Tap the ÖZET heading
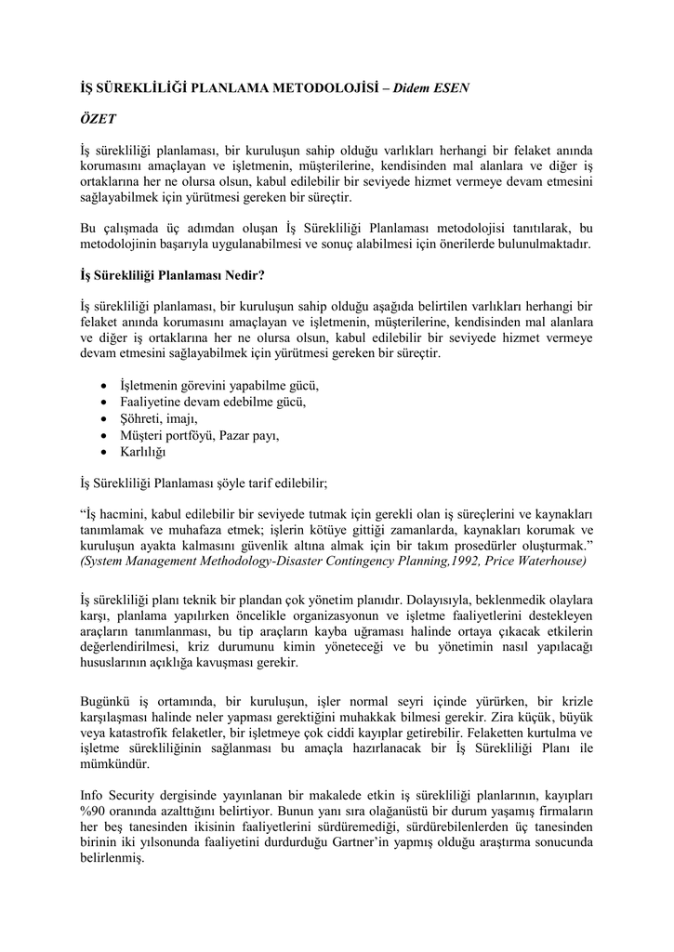(98, 120)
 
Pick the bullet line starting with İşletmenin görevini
(219, 386)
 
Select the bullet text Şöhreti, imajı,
(152, 419)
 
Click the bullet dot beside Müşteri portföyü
(102, 436)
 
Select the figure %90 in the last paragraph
(96, 813)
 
